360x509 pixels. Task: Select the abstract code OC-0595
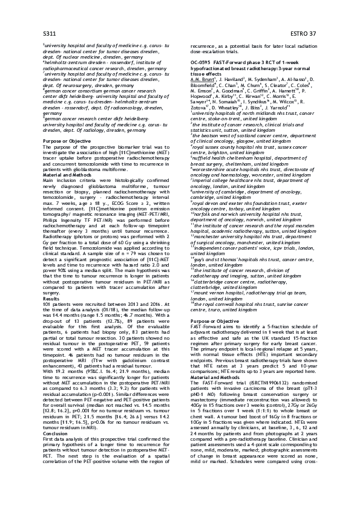click(203, 62)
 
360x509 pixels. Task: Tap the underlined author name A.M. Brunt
click(202, 79)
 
